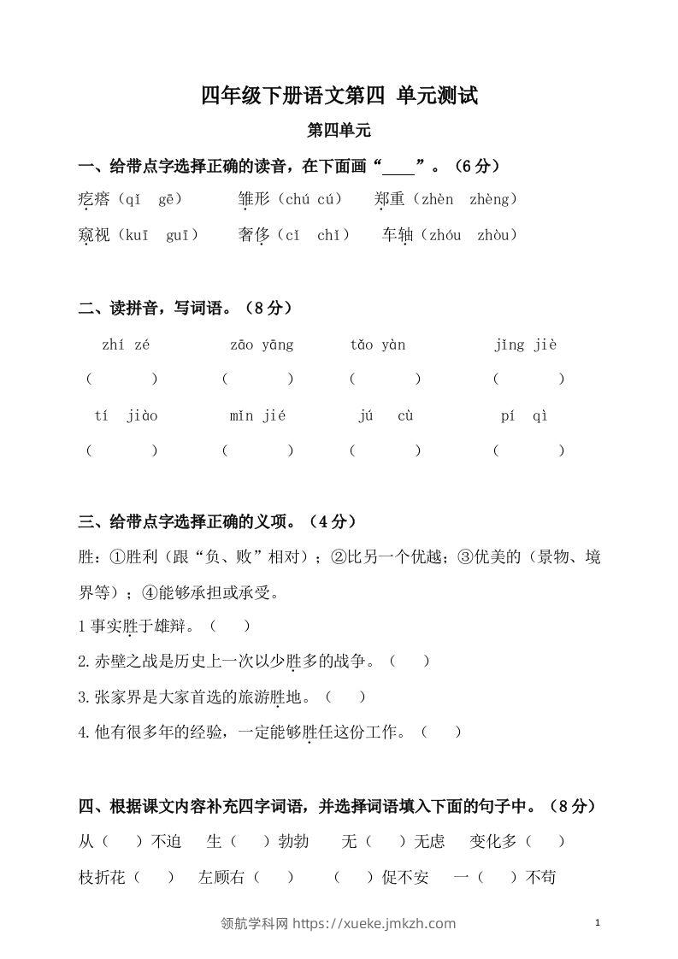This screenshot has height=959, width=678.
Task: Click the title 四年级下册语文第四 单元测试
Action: (339, 96)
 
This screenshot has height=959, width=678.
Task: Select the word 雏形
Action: (254, 199)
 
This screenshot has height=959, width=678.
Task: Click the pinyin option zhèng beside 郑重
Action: (494, 199)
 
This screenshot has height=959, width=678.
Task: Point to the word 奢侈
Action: (254, 235)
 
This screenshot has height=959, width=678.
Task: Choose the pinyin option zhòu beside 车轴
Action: (497, 235)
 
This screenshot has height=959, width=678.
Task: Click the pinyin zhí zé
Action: (126, 345)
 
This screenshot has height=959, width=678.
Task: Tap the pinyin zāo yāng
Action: (262, 345)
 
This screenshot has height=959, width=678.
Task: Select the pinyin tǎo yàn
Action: (378, 345)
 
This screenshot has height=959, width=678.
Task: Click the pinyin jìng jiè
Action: (526, 345)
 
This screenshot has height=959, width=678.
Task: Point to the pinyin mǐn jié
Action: (257, 416)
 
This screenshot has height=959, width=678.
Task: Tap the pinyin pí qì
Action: (524, 416)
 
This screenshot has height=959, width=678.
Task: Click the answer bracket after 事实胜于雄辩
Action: (231, 627)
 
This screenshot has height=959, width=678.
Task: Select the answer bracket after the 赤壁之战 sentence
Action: (409, 661)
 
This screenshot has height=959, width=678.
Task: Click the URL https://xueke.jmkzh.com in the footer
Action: (374, 923)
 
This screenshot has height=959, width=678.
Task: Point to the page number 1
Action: (598, 922)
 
